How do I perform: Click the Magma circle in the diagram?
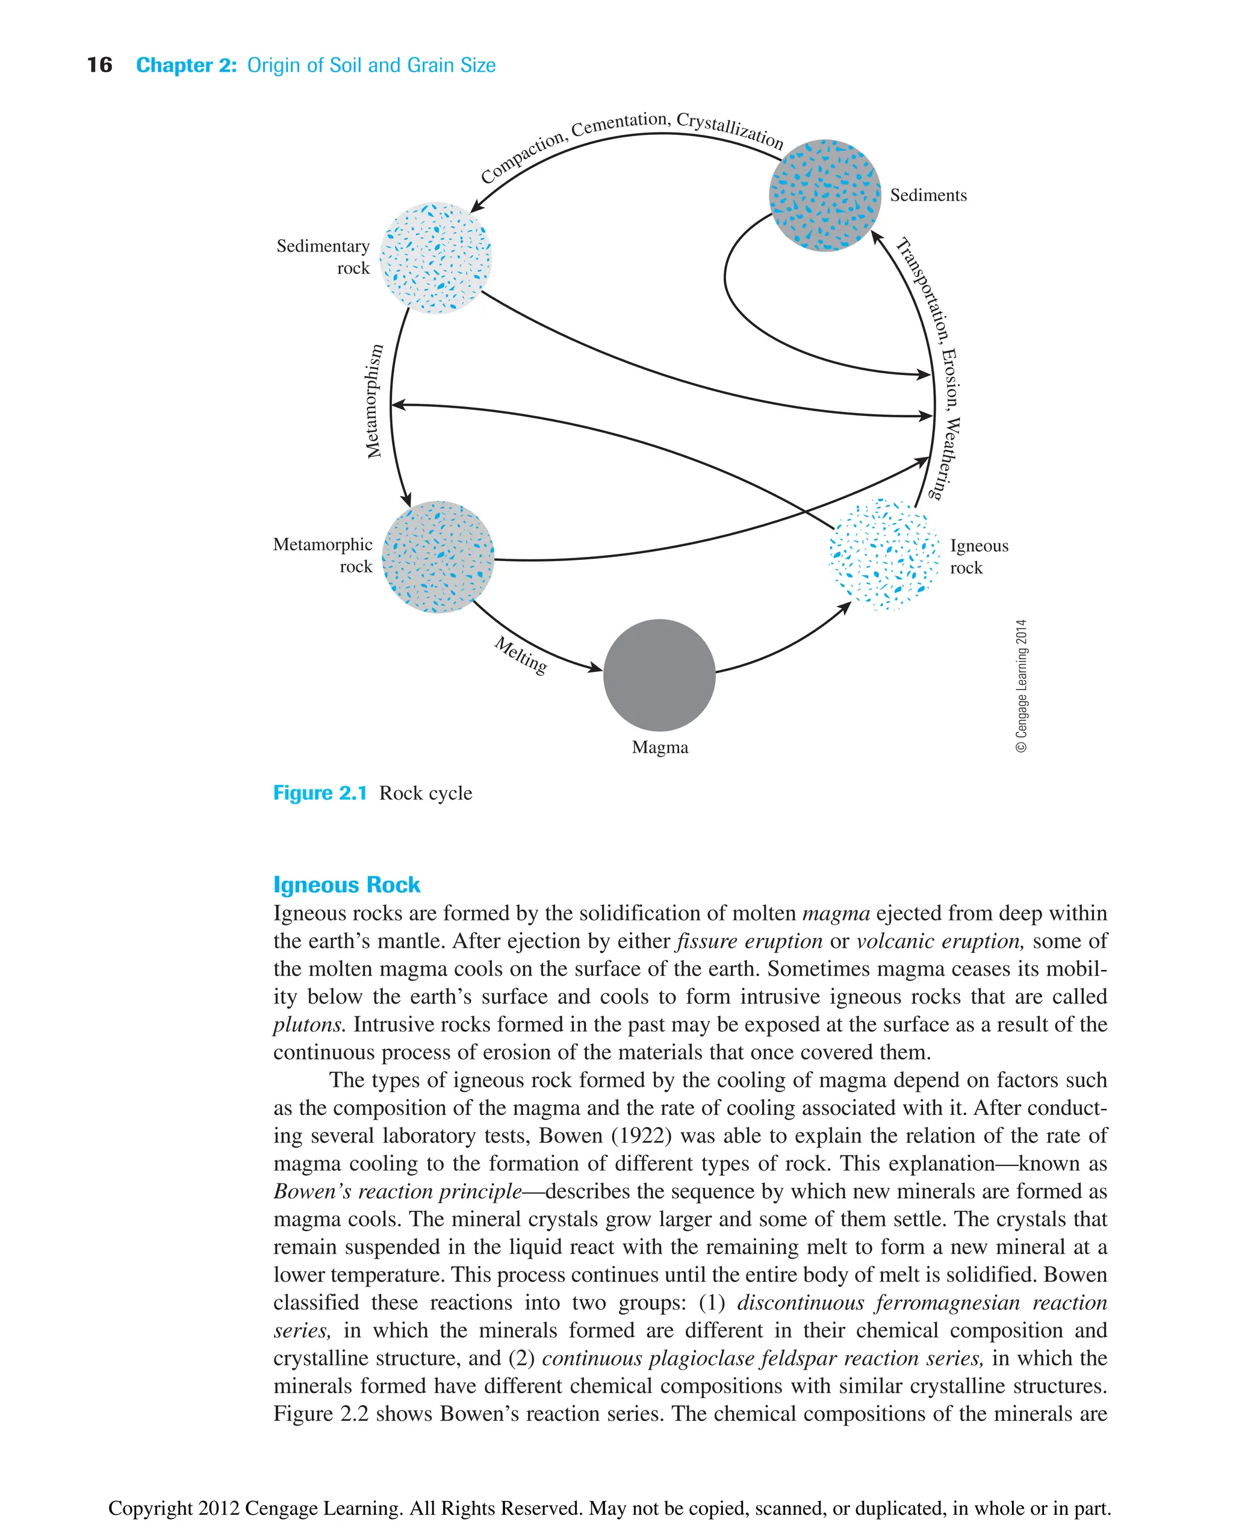pos(659,675)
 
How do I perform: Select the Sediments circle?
pos(825,195)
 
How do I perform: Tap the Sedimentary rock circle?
pos(435,258)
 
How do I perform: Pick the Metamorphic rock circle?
pos(438,557)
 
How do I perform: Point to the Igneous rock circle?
pos(884,554)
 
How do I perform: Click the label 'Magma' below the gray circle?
pos(660,747)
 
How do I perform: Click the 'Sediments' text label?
pos(928,195)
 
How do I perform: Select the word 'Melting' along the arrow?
pos(521,655)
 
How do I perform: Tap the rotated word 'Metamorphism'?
pos(374,402)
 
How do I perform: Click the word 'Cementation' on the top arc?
pos(620,124)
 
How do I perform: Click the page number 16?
pos(99,66)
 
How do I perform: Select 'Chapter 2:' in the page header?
pos(186,66)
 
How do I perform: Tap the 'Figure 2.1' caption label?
pos(320,793)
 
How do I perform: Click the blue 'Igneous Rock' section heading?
pos(347,885)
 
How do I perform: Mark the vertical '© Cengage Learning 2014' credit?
pos(1021,685)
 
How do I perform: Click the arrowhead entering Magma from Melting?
pos(595,668)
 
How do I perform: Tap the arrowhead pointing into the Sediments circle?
pos(877,236)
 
